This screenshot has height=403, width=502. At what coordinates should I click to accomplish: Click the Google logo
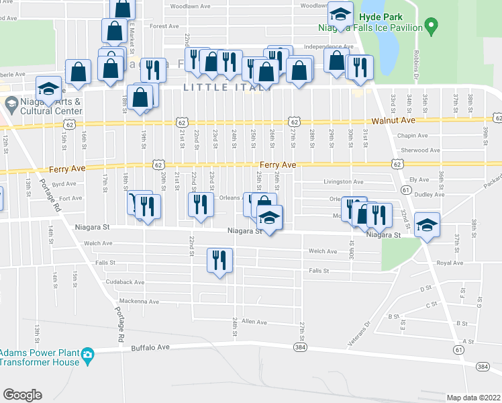[22, 395]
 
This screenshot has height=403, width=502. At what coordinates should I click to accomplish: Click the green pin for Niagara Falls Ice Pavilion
[432, 28]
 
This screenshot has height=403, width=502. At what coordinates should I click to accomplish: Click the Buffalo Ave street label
[152, 348]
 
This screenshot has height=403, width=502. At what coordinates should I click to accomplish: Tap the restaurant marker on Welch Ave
[219, 260]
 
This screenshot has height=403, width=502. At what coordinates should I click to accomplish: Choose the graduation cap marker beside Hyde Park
[340, 14]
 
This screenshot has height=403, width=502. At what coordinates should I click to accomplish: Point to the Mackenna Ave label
[139, 302]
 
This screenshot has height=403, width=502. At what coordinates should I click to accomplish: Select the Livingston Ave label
[343, 181]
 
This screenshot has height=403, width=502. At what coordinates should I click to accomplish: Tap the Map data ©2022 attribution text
[473, 398]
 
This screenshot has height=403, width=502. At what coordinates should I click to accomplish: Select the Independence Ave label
[328, 47]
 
